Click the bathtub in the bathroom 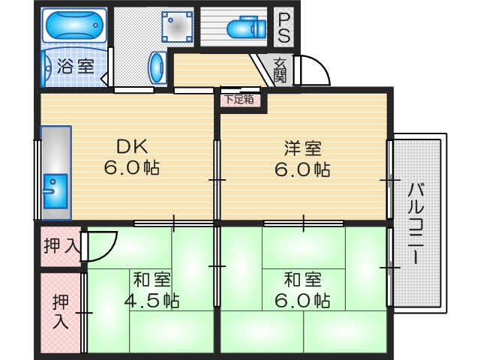click(x=73, y=25)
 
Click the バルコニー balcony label click(x=413, y=221)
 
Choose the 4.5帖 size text click(x=151, y=301)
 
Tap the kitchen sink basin click(x=55, y=190)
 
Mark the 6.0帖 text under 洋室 click(x=302, y=169)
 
